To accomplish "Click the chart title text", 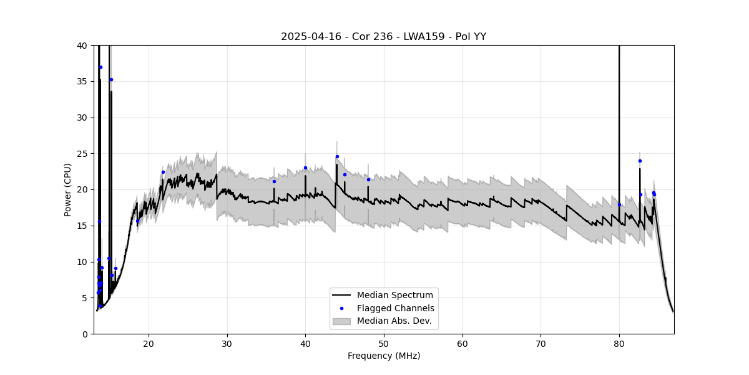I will [x=383, y=37].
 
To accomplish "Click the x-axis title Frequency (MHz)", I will [x=383, y=356].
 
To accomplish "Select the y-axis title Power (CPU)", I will [x=68, y=189].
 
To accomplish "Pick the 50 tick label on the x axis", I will [x=384, y=342].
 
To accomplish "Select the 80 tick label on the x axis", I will [x=619, y=342].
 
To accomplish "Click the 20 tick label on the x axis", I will [x=149, y=342].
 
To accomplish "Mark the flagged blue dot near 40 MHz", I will [x=305, y=167].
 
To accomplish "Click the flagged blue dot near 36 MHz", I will [x=274, y=181].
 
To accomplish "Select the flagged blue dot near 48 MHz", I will [x=368, y=179].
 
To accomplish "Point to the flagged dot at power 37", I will [x=100, y=67].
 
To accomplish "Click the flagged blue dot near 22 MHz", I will [x=163, y=172].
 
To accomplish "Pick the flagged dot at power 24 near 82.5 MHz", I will [x=640, y=161].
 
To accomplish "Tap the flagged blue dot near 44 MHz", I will [x=337, y=157].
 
